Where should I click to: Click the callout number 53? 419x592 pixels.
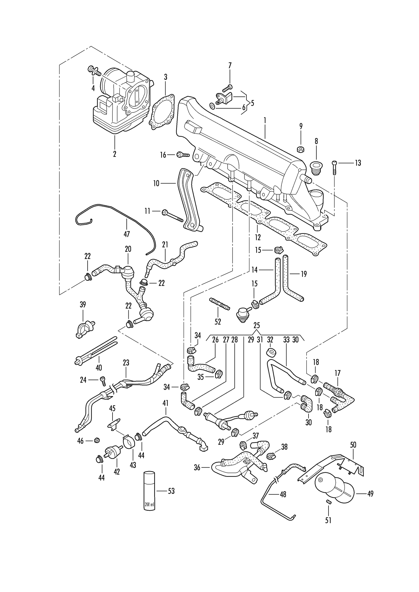pos(171,491)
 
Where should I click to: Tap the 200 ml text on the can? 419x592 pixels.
pos(150,504)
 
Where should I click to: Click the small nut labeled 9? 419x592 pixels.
pos(301,150)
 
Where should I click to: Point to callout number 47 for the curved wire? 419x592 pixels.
pos(127,234)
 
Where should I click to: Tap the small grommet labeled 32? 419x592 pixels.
pos(271,353)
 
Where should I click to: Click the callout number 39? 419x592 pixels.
pos(83,305)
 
